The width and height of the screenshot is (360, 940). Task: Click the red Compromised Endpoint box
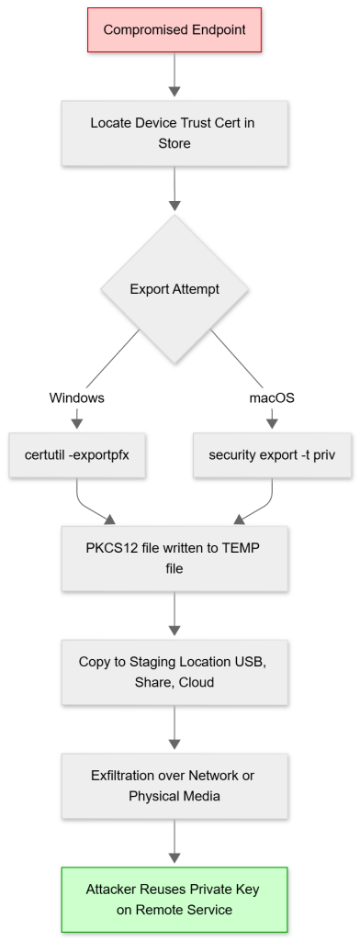174,30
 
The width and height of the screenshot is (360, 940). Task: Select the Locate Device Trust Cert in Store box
174,132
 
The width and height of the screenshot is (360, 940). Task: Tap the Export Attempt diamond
174,288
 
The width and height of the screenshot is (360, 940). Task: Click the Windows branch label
77,397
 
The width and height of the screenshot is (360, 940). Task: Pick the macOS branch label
272,397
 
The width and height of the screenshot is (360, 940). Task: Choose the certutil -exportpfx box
77,453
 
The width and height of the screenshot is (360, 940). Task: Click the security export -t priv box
272,453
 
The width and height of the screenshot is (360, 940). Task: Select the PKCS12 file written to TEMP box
174,558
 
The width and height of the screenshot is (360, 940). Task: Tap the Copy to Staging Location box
174,672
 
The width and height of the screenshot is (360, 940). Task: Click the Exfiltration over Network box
174,786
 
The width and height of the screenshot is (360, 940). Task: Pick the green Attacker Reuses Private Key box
174,899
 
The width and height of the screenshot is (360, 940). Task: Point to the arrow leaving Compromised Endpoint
174,75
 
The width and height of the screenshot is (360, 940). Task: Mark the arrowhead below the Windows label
77,423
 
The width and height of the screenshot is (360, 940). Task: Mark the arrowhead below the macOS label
272,423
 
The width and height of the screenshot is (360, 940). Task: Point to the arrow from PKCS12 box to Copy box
174,613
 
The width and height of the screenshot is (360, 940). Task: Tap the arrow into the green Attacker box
174,841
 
